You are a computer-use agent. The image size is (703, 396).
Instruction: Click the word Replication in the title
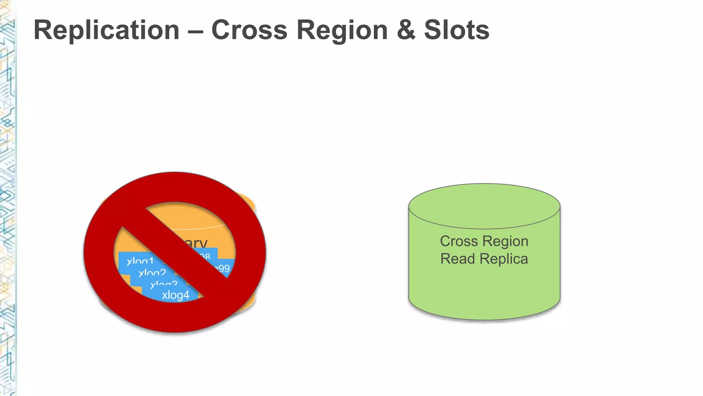click(x=106, y=30)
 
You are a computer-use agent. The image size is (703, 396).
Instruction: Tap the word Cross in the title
click(x=249, y=30)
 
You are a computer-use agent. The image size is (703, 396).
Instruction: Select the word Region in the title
click(x=342, y=30)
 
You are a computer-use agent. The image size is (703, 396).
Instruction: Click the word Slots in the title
click(x=457, y=30)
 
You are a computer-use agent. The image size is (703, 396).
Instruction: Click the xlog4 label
click(x=175, y=295)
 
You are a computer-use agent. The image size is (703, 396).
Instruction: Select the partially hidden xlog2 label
click(x=152, y=273)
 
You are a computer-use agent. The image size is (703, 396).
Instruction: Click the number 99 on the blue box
click(x=224, y=268)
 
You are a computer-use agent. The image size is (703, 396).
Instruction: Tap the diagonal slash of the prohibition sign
click(x=175, y=253)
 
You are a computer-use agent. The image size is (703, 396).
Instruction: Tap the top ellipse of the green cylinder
click(x=484, y=206)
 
